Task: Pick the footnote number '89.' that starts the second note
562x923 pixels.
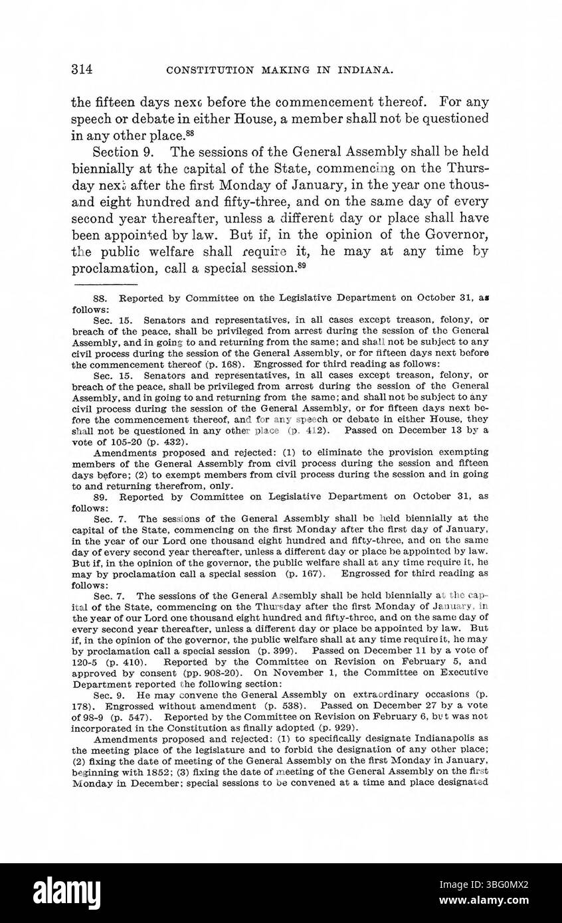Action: (102, 496)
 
